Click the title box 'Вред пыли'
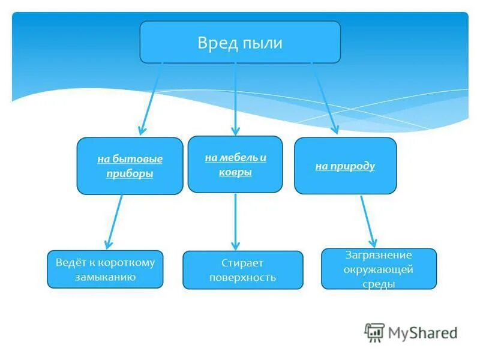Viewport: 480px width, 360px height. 240,42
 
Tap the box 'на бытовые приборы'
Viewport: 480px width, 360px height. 130,166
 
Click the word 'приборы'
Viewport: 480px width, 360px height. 130,174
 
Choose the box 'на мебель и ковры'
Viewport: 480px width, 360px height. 235,164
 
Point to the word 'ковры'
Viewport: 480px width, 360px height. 235,172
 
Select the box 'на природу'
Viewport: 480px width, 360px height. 345,166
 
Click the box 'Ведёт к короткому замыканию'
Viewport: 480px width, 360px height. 105,269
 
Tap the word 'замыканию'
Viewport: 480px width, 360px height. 105,277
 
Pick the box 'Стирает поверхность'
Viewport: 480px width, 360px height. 243,270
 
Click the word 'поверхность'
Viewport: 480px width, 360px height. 243,278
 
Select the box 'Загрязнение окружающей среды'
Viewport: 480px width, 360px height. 379,269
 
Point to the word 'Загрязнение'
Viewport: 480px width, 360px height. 379,255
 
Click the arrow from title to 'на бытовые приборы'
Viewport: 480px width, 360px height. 151,99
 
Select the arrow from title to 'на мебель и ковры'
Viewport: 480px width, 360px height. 235,99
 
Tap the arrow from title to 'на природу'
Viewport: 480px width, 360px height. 324,99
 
